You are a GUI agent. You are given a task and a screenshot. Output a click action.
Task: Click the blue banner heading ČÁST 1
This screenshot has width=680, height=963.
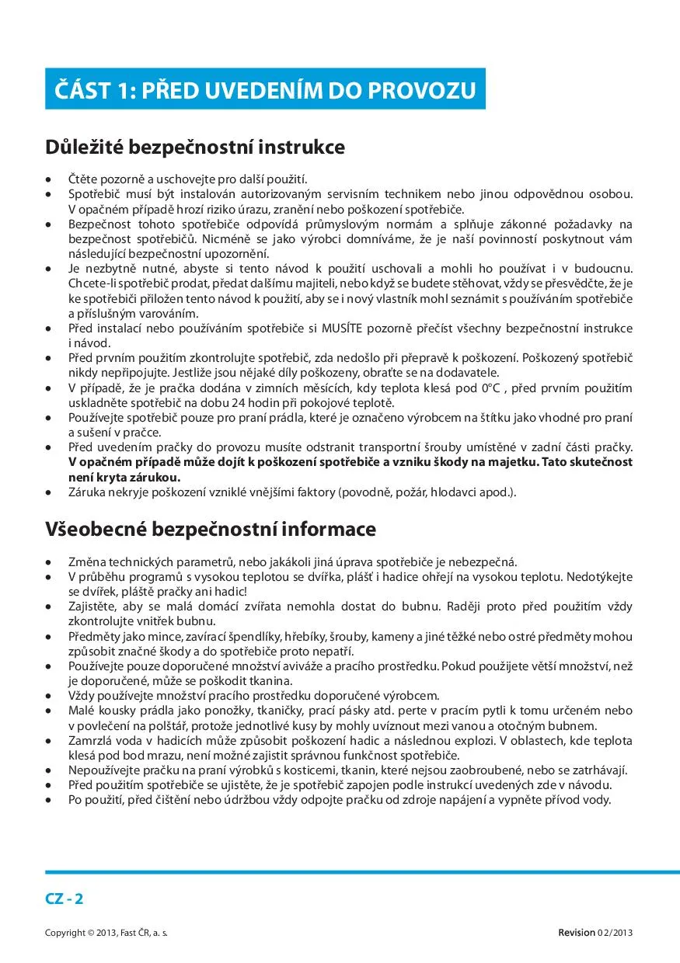pyautogui.click(x=265, y=89)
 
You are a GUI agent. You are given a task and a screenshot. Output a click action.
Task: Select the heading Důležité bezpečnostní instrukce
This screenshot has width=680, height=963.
pyautogui.click(x=194, y=147)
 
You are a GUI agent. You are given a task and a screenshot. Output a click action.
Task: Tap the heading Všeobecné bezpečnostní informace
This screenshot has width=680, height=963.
pyautogui.click(x=210, y=529)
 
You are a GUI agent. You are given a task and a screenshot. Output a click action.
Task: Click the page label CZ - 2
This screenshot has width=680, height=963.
pyautogui.click(x=65, y=899)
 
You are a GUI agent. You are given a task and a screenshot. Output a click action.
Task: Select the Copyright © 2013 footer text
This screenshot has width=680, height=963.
pyautogui.click(x=106, y=932)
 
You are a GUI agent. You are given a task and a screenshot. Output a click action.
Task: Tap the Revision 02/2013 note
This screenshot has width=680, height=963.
pyautogui.click(x=595, y=932)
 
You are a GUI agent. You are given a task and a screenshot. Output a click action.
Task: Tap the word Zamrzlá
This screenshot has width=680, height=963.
pyautogui.click(x=90, y=740)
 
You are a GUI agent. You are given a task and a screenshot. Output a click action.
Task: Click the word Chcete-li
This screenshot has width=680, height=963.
pyautogui.click(x=92, y=283)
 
